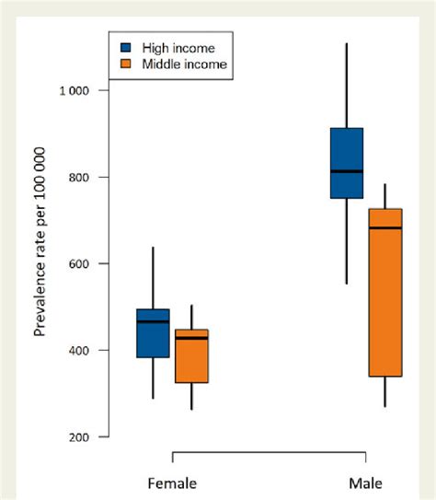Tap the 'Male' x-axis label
tap(365, 483)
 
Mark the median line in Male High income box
tap(346, 171)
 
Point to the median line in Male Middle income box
tap(384, 227)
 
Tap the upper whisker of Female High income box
tap(153, 277)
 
